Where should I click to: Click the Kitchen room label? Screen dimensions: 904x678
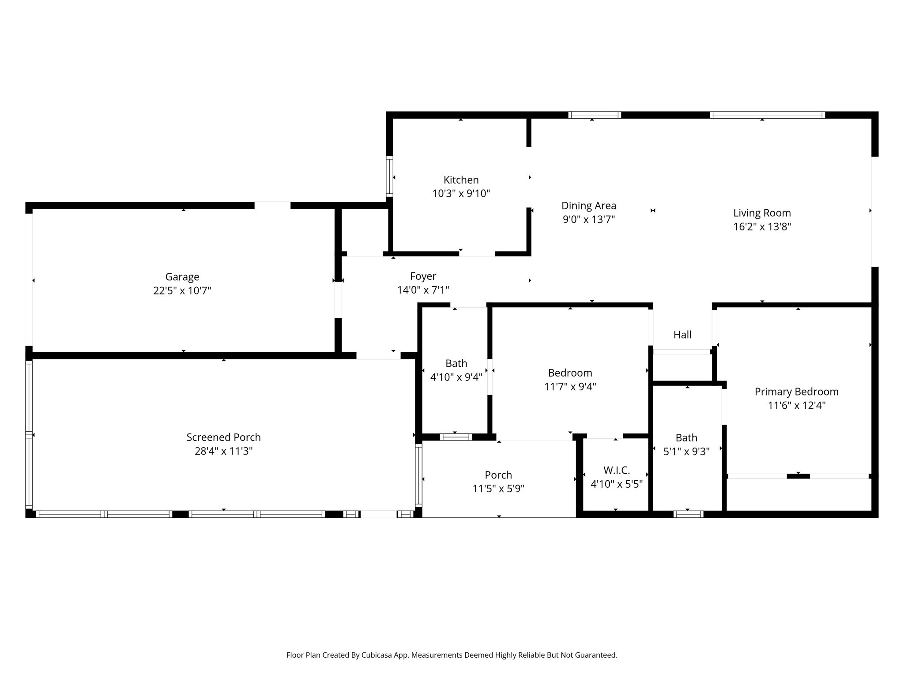pyautogui.click(x=461, y=180)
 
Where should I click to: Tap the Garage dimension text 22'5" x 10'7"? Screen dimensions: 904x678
pyautogui.click(x=182, y=290)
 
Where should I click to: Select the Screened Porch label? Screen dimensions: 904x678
pyautogui.click(x=223, y=437)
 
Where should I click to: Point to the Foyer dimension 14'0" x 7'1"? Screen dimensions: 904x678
pyautogui.click(x=423, y=290)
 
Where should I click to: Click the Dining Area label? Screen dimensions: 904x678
pyautogui.click(x=589, y=206)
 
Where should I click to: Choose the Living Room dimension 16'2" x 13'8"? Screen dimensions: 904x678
pyautogui.click(x=762, y=227)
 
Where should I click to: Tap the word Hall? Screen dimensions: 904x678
pyautogui.click(x=682, y=335)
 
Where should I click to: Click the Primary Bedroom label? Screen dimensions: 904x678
pyautogui.click(x=796, y=392)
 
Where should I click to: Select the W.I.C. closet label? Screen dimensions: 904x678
pyautogui.click(x=617, y=470)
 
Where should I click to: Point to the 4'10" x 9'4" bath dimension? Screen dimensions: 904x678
pyautogui.click(x=456, y=377)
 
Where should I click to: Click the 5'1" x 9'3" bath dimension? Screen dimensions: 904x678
pyautogui.click(x=686, y=452)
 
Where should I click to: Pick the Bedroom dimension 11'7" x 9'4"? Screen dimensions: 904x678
pyautogui.click(x=570, y=387)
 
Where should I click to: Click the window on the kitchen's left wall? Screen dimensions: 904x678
pyautogui.click(x=389, y=176)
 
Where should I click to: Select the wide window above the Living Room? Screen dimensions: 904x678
pyautogui.click(x=767, y=115)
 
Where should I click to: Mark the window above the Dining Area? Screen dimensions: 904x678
pyautogui.click(x=594, y=115)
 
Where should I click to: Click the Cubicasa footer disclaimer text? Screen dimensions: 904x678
pyautogui.click(x=452, y=655)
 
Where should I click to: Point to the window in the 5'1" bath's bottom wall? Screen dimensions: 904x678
pyautogui.click(x=688, y=514)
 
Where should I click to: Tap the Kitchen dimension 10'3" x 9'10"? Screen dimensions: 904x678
pyautogui.click(x=461, y=193)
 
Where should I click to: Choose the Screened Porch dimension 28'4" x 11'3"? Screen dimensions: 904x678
pyautogui.click(x=223, y=451)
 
